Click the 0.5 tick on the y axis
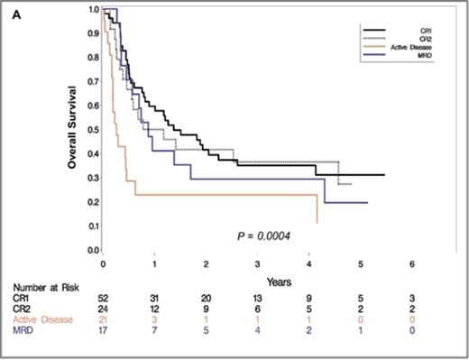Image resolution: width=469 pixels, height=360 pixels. [93, 129]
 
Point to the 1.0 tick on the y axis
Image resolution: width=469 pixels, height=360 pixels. [93, 9]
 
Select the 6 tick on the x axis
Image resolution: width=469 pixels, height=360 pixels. [412, 264]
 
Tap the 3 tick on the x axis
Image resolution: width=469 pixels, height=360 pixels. [258, 264]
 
